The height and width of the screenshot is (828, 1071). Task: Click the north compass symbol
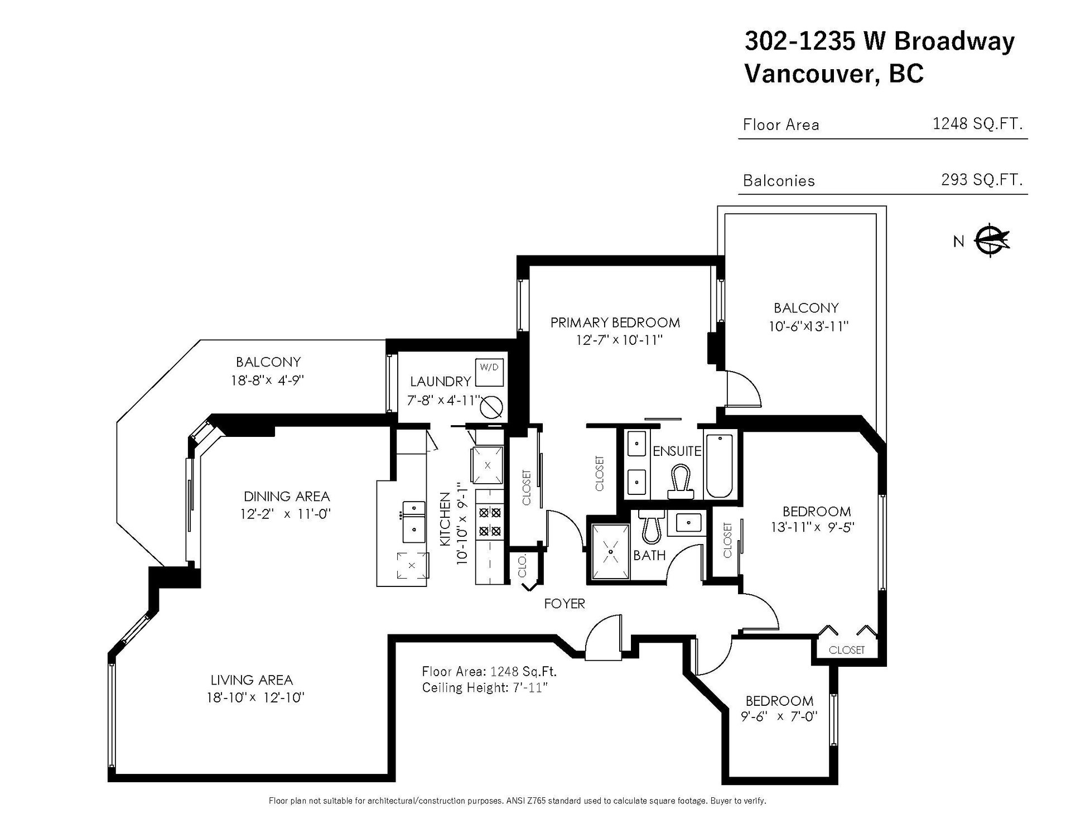click(993, 240)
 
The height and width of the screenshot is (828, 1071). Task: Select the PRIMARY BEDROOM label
click(615, 322)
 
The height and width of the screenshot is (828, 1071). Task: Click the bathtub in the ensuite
click(719, 466)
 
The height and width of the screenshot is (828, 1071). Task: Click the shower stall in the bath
click(610, 551)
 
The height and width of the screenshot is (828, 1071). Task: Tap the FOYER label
click(565, 603)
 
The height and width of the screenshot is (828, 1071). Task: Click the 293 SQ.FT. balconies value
click(982, 179)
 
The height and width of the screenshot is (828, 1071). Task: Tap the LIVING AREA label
click(252, 680)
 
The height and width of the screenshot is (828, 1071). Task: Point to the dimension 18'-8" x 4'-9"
click(268, 381)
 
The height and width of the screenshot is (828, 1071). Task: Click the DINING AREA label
click(287, 496)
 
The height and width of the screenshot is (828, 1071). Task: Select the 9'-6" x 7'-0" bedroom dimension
click(779, 716)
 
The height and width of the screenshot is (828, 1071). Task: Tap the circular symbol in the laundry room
click(493, 407)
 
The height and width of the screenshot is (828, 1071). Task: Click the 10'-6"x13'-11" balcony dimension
click(808, 326)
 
